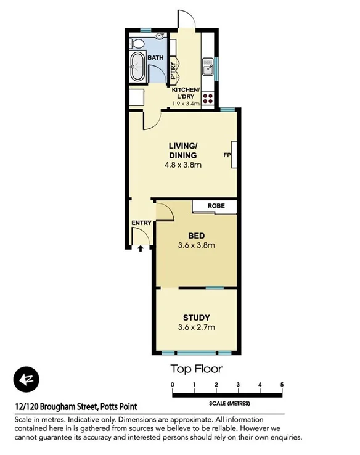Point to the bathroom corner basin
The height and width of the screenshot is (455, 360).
(162, 36)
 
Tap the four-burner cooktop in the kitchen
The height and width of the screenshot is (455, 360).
(208, 97)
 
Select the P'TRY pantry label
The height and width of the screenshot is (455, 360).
(174, 69)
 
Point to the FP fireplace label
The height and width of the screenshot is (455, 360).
(226, 155)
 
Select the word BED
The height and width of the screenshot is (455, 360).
(196, 236)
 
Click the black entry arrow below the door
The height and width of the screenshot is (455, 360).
(140, 248)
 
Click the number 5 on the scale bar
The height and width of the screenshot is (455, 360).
(282, 385)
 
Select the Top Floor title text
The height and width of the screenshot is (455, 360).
(196, 369)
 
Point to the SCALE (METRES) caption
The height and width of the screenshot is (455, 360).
(229, 402)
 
